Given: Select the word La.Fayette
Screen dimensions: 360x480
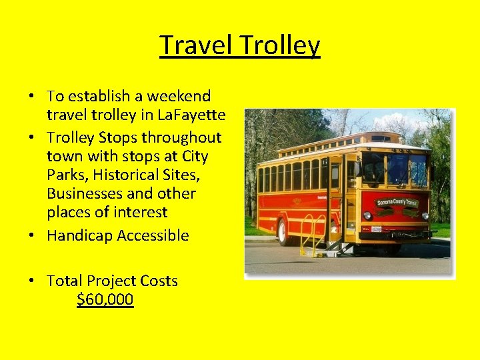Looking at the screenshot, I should [193, 115].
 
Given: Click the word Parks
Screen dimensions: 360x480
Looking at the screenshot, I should [65, 175].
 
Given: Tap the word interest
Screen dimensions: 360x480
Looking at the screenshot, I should [139, 213].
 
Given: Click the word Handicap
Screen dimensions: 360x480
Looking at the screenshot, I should [79, 235].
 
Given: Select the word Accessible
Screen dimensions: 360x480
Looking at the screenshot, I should [153, 235].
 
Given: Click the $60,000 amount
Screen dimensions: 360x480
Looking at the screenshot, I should [105, 300].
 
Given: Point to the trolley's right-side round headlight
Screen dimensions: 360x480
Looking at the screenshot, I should [425, 215].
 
